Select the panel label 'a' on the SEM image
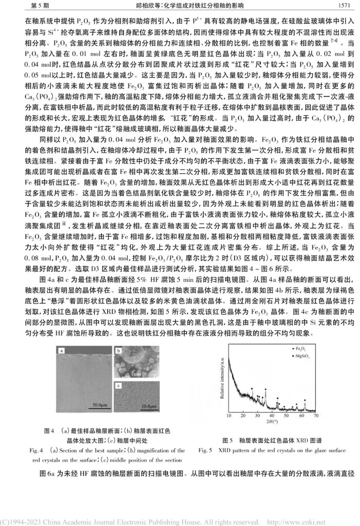pyautogui.click(x=61, y=351)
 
